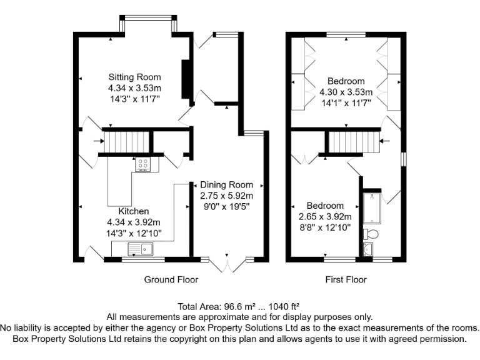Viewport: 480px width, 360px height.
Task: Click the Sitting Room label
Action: pyautogui.click(x=134, y=77)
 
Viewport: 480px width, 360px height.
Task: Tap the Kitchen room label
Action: pyautogui.click(x=134, y=212)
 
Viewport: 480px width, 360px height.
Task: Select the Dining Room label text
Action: pyautogui.click(x=226, y=185)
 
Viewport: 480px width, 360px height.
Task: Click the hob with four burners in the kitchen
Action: pyautogui.click(x=142, y=163)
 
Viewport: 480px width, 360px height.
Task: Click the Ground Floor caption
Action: pyautogui.click(x=171, y=279)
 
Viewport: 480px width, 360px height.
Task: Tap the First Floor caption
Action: pyautogui.click(x=346, y=279)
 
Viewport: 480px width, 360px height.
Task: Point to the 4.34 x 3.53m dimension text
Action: pyautogui.click(x=134, y=88)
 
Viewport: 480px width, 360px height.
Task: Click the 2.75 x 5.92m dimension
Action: pyautogui.click(x=226, y=196)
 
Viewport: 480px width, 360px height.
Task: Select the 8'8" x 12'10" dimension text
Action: pyautogui.click(x=324, y=227)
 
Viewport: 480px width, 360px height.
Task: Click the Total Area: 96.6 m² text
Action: pyautogui.click(x=239, y=307)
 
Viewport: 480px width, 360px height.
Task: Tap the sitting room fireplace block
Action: pyautogui.click(x=186, y=79)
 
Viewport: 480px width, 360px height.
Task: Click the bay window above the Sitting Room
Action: pyautogui.click(x=147, y=25)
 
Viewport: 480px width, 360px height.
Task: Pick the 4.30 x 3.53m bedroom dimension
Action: pyautogui.click(x=346, y=92)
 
